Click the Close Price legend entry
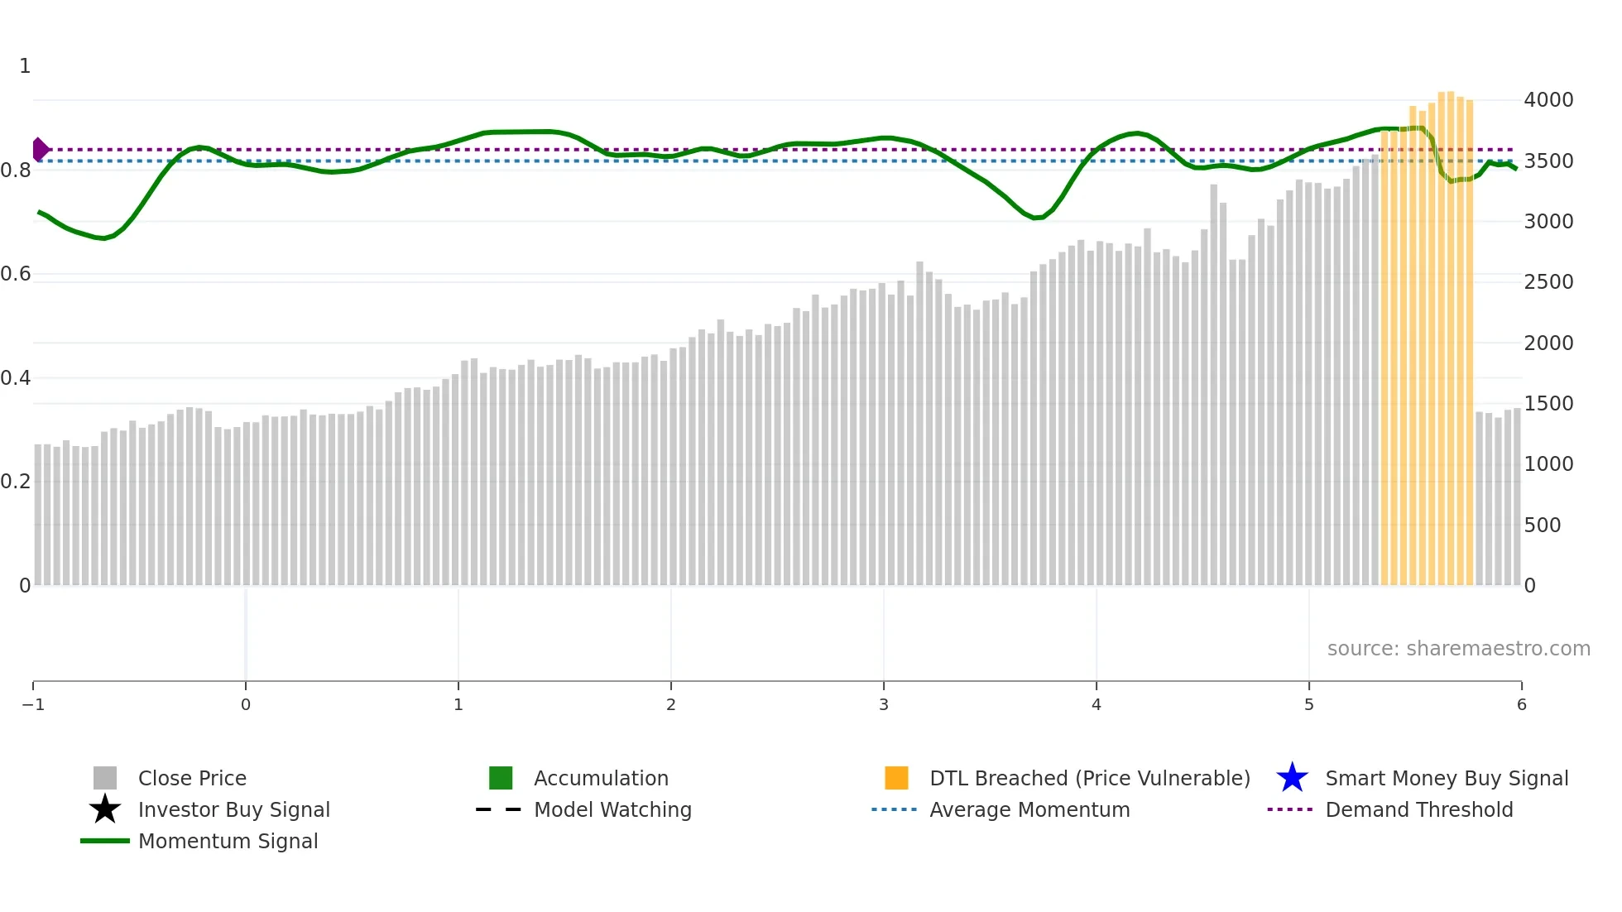click(191, 778)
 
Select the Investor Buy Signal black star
click(105, 809)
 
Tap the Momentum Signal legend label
click(228, 841)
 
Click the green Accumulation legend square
click(501, 778)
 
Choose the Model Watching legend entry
click(612, 809)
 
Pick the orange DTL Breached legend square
click(896, 778)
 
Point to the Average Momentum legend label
click(1029, 809)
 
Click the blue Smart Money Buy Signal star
click(1292, 778)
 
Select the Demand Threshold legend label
click(1418, 809)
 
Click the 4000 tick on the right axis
click(1548, 100)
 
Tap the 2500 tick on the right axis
click(1548, 282)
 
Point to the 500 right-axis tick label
click(1543, 526)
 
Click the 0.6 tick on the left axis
click(17, 274)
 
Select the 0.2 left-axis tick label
click(17, 482)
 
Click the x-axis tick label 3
click(884, 704)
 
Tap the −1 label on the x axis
click(33, 704)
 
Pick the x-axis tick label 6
click(1521, 704)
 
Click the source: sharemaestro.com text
click(1458, 649)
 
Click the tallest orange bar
click(1451, 331)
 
